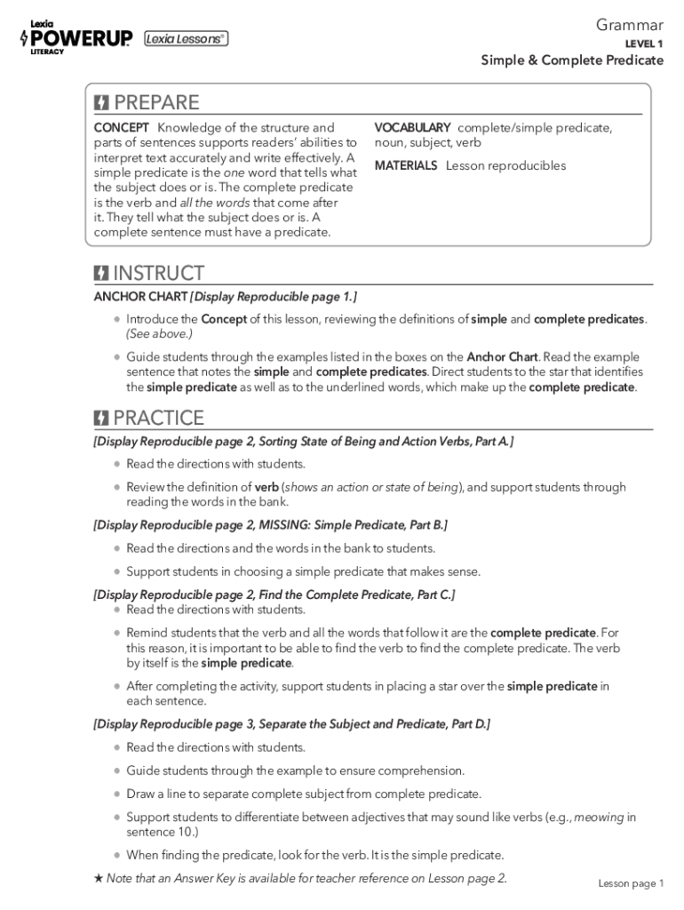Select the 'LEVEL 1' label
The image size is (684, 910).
[x=644, y=44]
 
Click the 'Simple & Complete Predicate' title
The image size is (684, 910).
[x=572, y=60]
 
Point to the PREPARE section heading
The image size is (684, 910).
[x=156, y=102]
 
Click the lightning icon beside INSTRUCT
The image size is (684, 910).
[x=102, y=274]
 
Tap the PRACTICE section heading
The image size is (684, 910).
[x=158, y=418]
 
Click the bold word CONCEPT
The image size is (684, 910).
[x=122, y=128]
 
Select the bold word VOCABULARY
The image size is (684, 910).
[x=412, y=128]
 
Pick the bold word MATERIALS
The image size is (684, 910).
[x=406, y=165]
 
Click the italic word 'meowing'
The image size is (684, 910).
[x=599, y=817]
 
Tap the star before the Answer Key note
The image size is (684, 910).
[x=99, y=879]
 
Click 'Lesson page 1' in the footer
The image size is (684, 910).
[x=630, y=882]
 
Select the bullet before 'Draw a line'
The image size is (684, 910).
[x=117, y=794]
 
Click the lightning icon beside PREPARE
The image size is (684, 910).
[x=102, y=102]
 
